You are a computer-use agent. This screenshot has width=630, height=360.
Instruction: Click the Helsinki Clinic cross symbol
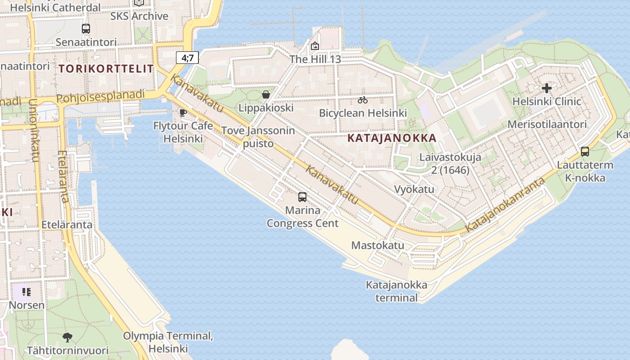pyautogui.click(x=547, y=88)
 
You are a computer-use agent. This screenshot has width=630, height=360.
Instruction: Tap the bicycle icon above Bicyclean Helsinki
pyautogui.click(x=363, y=100)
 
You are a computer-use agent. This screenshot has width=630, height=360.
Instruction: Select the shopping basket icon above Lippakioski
pyautogui.click(x=266, y=94)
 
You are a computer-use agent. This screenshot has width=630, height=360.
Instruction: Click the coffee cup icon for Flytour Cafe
pyautogui.click(x=183, y=112)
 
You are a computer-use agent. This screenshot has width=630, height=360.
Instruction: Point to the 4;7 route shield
pyautogui.click(x=187, y=58)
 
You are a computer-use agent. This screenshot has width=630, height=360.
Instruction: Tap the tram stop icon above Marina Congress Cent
pyautogui.click(x=302, y=197)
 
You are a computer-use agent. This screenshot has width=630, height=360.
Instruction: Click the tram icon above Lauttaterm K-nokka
pyautogui.click(x=585, y=152)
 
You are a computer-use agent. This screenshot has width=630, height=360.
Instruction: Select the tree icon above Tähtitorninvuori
pyautogui.click(x=67, y=337)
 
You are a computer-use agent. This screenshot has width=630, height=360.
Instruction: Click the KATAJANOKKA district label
pyautogui.click(x=392, y=138)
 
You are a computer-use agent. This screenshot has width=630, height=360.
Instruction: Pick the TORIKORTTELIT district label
pyautogui.click(x=106, y=69)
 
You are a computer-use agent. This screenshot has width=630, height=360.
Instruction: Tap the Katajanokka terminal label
pyautogui.click(x=396, y=291)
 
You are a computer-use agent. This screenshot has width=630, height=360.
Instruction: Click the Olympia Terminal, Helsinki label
pyautogui.click(x=168, y=342)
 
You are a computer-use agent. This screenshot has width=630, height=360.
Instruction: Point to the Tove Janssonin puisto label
pyautogui.click(x=258, y=137)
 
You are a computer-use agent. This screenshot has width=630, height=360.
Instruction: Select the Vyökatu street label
pyautogui.click(x=414, y=189)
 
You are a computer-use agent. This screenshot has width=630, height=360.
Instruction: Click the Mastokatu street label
pyautogui.click(x=378, y=246)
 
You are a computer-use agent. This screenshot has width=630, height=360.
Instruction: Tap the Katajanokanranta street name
pyautogui.click(x=505, y=205)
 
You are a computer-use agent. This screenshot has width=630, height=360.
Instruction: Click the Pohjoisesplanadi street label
pyautogui.click(x=101, y=96)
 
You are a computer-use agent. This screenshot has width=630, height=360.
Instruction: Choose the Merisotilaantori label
pyautogui.click(x=547, y=125)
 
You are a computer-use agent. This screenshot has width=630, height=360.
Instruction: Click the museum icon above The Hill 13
pyautogui.click(x=315, y=46)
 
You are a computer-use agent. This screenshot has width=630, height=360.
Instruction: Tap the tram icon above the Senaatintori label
pyautogui.click(x=86, y=29)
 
